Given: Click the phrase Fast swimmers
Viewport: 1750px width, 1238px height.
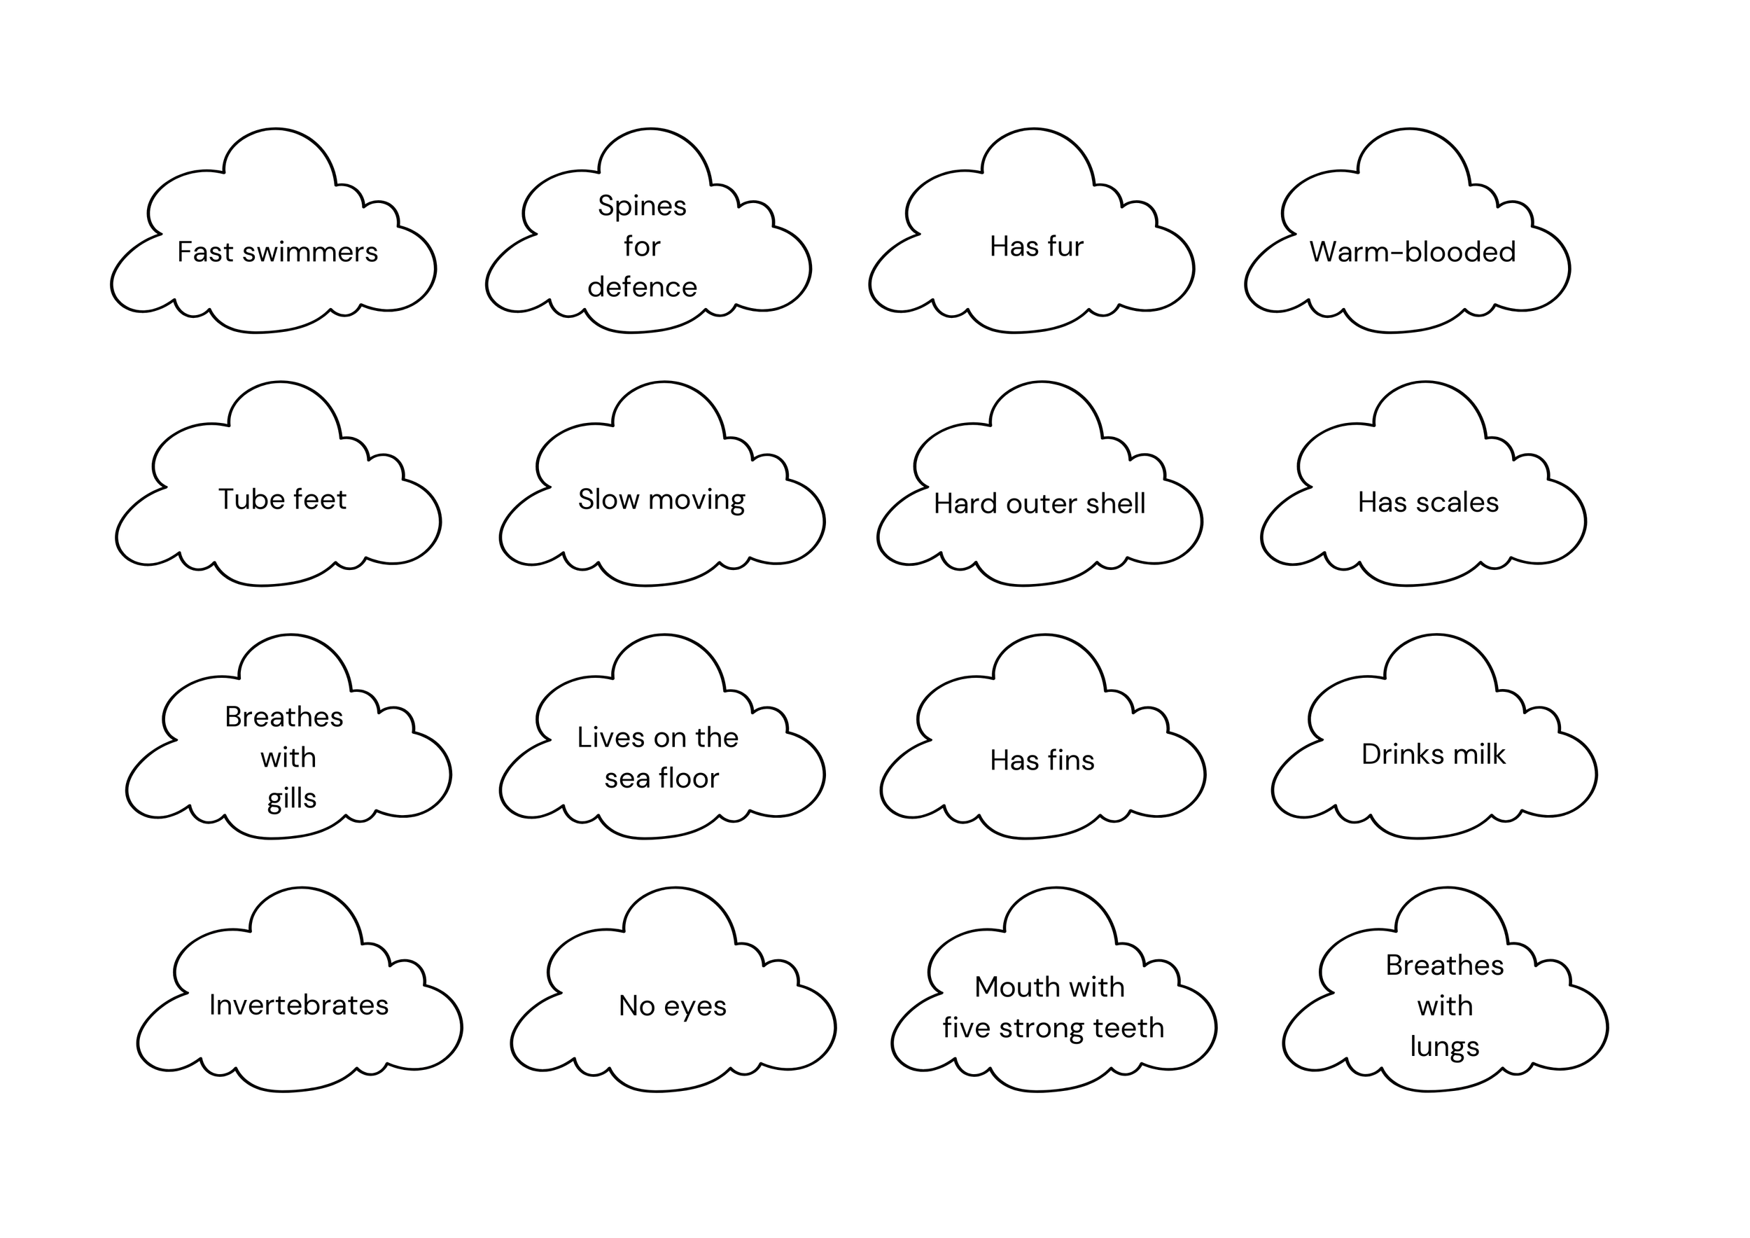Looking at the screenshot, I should (277, 252).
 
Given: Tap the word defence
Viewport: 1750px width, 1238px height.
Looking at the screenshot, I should (642, 287).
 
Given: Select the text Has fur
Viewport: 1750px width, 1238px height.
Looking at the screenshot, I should (1036, 247).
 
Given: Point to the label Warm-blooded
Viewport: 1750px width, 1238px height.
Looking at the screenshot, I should (1413, 252).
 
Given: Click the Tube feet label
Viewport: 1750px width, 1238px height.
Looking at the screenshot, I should (282, 499).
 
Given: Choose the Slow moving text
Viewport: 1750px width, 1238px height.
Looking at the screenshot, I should (661, 500).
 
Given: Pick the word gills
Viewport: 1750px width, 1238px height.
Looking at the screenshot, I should (291, 799).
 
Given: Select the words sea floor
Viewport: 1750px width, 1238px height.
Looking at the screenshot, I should (661, 779).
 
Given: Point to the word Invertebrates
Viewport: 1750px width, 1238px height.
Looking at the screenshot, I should (299, 1005).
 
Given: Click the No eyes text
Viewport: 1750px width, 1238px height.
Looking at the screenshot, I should (672, 1006).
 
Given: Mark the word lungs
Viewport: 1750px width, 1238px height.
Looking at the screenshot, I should (1444, 1047).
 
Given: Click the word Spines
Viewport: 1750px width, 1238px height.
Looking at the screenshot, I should (642, 207).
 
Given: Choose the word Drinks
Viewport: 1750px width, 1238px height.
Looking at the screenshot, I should (1392, 754).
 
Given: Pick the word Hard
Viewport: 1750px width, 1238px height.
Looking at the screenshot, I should (962, 504).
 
